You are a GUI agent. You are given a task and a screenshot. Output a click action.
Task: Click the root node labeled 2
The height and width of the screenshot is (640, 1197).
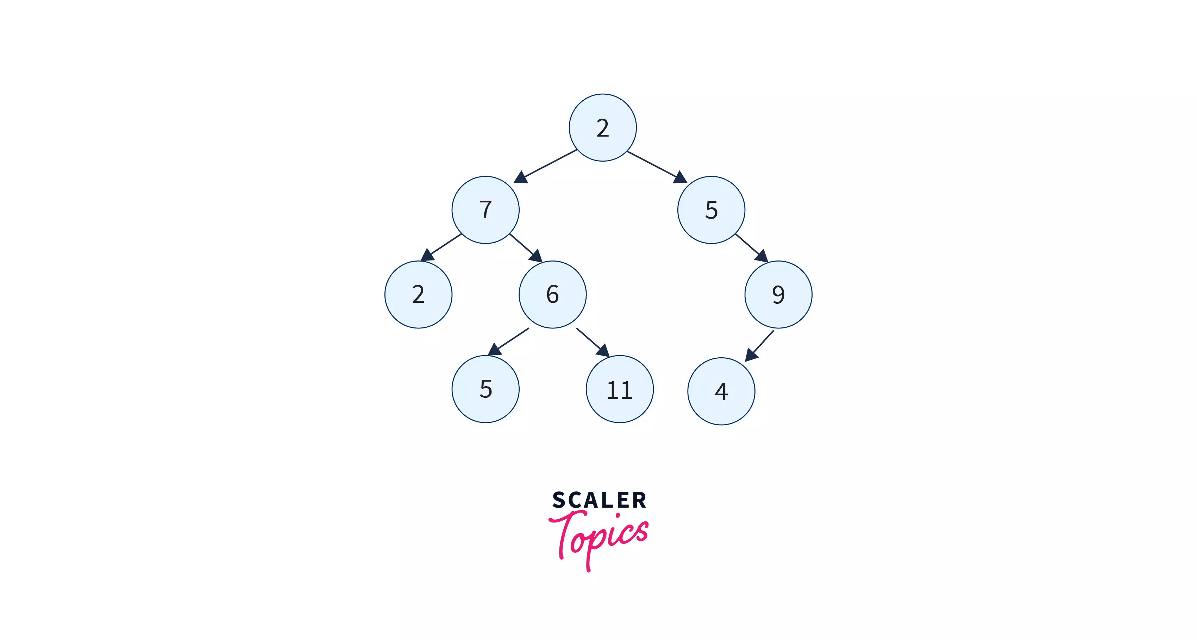point(603,128)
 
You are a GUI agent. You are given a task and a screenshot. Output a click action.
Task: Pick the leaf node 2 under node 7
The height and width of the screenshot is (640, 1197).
point(418,294)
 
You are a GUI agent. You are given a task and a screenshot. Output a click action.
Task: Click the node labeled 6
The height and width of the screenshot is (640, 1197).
point(552,294)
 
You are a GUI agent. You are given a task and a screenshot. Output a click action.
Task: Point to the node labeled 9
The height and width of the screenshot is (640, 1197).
point(778,294)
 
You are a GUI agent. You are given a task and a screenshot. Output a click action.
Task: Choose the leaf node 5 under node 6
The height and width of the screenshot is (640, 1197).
point(485,389)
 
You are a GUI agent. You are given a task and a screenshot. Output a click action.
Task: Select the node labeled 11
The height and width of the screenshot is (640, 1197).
point(619,389)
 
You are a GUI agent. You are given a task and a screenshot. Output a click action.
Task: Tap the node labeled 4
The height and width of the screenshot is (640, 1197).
point(721,391)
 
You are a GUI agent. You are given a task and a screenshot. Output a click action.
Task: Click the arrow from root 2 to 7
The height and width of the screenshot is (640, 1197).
point(546,166)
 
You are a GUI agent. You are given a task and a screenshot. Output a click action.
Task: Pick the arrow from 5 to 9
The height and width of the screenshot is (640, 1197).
point(751,247)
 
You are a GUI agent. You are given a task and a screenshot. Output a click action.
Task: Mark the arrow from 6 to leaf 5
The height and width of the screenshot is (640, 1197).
point(509,341)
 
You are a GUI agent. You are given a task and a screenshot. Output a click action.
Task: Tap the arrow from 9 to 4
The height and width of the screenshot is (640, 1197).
point(760,345)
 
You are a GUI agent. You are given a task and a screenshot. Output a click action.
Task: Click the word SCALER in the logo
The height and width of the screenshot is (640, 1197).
point(599,500)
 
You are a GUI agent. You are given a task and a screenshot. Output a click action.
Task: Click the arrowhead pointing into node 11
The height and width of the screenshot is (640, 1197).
point(603,351)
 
